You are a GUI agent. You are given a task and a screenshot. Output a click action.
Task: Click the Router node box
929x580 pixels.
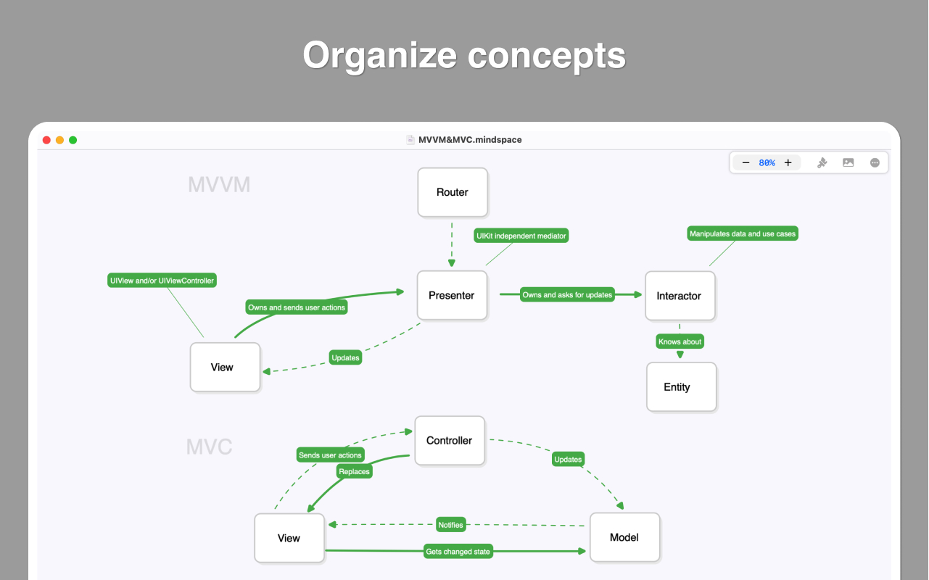[x=453, y=192]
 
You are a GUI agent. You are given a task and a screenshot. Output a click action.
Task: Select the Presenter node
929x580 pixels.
[x=452, y=295]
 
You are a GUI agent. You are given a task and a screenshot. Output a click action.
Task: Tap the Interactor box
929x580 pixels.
[x=680, y=296]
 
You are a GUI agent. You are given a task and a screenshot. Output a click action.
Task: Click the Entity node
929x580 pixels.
[x=681, y=387]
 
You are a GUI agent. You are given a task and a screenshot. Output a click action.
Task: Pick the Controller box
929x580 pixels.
[x=450, y=440]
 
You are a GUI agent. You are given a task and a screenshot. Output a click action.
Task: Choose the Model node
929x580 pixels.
[x=624, y=537]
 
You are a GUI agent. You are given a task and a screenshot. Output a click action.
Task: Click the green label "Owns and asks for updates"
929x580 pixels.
[x=568, y=294]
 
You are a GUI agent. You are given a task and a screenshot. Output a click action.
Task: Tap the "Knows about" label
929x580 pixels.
[x=680, y=341]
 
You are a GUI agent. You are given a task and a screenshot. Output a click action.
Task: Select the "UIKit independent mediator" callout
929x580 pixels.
[x=521, y=236]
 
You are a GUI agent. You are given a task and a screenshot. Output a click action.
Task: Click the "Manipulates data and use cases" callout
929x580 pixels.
[x=743, y=233]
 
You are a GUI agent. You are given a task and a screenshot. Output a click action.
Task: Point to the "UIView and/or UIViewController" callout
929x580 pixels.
[x=162, y=280]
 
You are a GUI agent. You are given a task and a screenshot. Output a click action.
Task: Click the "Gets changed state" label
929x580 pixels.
[x=458, y=552]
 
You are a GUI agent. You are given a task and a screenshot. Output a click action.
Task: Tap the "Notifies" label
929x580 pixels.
[x=450, y=525]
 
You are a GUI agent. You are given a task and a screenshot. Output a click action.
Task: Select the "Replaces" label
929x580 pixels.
[x=355, y=471]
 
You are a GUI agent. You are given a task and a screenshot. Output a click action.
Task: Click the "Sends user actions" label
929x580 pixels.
[x=330, y=455]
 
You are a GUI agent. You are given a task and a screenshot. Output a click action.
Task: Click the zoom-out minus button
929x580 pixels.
[x=746, y=163]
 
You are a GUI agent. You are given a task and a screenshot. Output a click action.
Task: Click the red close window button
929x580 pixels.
[x=46, y=140]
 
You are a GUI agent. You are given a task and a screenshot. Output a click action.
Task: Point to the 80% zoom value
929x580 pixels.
[x=767, y=163]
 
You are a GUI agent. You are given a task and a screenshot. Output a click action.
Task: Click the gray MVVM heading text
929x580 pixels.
[x=219, y=185]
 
